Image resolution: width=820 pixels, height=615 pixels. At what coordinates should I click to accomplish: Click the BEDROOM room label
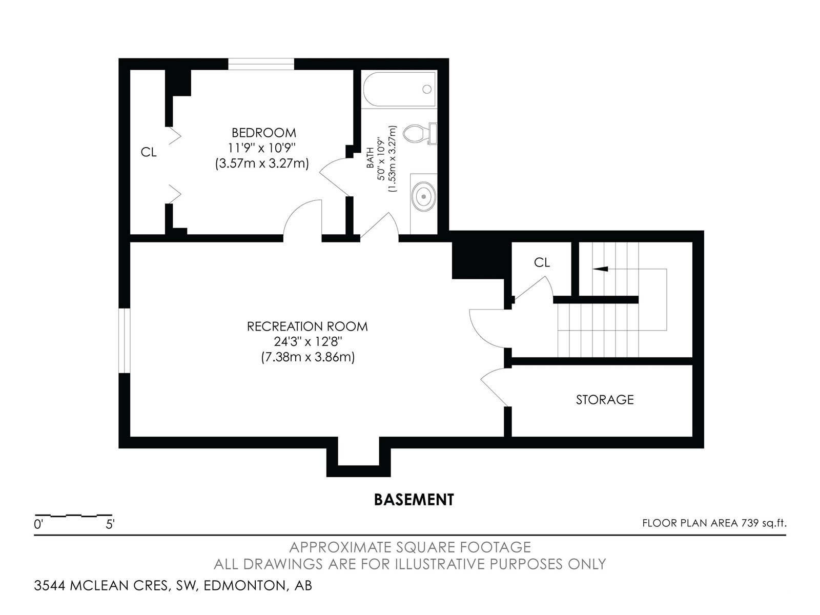click(x=264, y=133)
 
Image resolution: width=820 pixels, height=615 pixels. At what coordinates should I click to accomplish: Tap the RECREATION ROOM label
click(x=307, y=326)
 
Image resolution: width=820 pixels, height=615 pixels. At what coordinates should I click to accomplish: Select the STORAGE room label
click(x=604, y=400)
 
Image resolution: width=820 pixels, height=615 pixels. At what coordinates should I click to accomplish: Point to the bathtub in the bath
click(x=399, y=89)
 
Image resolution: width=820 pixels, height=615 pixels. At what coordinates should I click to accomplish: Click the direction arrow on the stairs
click(x=600, y=269)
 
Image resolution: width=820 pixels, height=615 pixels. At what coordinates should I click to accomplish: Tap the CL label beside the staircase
click(x=542, y=262)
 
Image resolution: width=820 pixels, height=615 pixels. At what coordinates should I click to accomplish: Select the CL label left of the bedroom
click(x=148, y=152)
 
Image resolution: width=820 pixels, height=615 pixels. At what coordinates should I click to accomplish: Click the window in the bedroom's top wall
click(x=261, y=64)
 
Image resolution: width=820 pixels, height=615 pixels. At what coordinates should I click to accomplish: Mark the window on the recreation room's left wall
click(x=125, y=340)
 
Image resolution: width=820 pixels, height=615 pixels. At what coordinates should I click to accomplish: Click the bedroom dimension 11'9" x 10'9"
click(x=262, y=148)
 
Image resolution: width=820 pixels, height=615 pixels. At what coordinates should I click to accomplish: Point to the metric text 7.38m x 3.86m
click(x=307, y=357)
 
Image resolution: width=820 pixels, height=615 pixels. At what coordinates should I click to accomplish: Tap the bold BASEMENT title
click(x=414, y=500)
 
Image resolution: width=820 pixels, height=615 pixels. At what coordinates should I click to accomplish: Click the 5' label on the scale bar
click(x=110, y=525)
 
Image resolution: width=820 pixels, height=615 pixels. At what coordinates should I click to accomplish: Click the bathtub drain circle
click(x=427, y=89)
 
